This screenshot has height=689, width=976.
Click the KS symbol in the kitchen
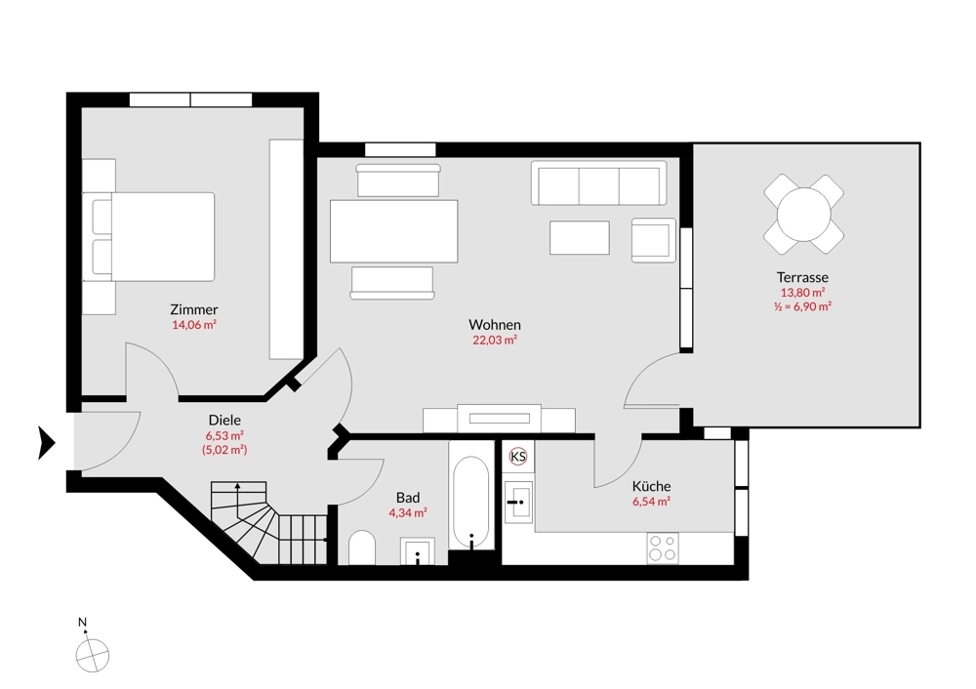pyautogui.click(x=517, y=457)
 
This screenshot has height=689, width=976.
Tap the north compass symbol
pyautogui.click(x=93, y=654)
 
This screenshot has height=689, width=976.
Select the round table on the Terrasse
pyautogui.click(x=803, y=214)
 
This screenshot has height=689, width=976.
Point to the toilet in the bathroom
pyautogui.click(x=361, y=548)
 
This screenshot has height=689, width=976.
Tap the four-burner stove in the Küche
pyautogui.click(x=664, y=548)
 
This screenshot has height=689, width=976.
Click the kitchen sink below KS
pyautogui.click(x=517, y=500)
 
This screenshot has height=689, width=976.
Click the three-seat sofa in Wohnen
pyautogui.click(x=598, y=183)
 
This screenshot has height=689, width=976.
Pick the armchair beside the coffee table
pyautogui.click(x=652, y=239)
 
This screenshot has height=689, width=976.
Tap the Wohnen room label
pyautogui.click(x=494, y=325)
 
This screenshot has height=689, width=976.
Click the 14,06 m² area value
pyautogui.click(x=193, y=325)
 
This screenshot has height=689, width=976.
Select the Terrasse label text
pyautogui.click(x=803, y=278)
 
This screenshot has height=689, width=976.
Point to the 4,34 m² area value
pyautogui.click(x=408, y=511)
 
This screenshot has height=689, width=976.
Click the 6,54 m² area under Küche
pyautogui.click(x=651, y=502)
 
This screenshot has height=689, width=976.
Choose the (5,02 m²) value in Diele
pyautogui.click(x=224, y=450)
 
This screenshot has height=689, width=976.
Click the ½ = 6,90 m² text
pyautogui.click(x=802, y=305)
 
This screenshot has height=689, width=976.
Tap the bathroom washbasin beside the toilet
pyautogui.click(x=419, y=551)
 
